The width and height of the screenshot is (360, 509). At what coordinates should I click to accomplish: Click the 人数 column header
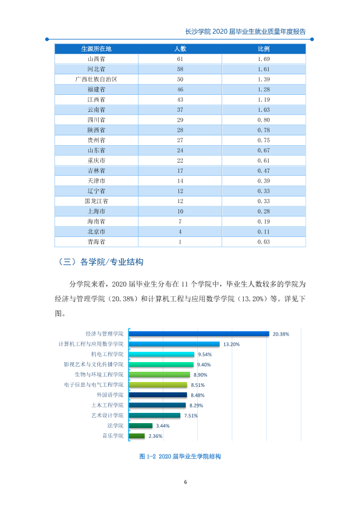[180, 49]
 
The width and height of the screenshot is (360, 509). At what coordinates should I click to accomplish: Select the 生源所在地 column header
[96, 49]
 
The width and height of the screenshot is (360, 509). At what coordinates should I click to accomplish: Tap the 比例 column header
[264, 49]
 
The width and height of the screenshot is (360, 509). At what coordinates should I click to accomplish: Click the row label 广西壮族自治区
[96, 79]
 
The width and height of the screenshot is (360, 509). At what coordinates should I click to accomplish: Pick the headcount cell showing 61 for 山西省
[180, 59]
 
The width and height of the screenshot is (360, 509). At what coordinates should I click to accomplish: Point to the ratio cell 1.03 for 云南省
[264, 110]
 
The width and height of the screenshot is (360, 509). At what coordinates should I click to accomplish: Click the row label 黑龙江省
[96, 201]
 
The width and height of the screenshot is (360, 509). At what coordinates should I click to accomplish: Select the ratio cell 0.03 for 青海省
[264, 242]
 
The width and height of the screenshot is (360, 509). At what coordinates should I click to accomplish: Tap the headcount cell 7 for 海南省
[180, 221]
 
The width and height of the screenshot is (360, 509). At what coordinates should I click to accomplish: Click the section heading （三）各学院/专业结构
[100, 262]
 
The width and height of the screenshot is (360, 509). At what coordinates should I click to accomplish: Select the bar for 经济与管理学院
[199, 334]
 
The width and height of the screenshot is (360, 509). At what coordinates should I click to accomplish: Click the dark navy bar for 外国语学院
[158, 395]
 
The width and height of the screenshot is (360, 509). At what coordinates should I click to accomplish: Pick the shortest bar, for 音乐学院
[137, 436]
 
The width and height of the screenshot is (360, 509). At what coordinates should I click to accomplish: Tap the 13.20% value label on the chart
[231, 344]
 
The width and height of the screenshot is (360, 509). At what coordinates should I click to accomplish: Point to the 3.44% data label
[163, 426]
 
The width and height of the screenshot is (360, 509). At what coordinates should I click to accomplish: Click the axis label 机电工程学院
[107, 354]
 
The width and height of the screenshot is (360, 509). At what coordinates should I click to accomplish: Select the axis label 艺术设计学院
[107, 415]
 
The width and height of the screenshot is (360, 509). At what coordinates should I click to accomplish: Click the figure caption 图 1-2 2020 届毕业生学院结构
[180, 456]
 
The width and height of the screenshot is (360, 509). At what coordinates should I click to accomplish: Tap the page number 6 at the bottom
[186, 482]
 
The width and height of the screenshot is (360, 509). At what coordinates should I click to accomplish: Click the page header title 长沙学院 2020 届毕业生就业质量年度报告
[245, 31]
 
